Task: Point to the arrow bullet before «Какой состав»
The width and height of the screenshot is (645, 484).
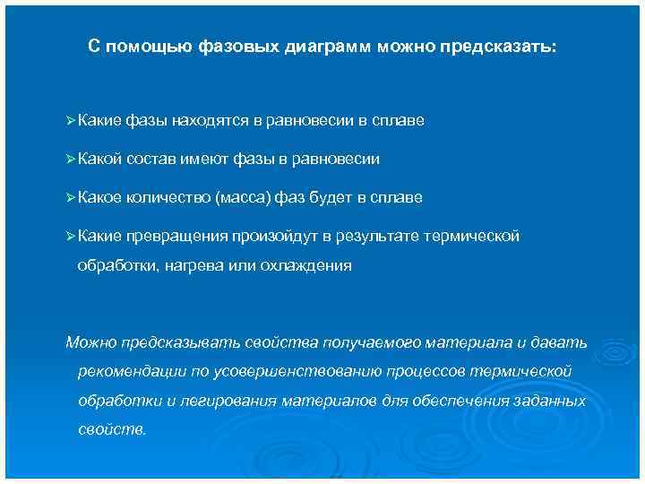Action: point(71,159)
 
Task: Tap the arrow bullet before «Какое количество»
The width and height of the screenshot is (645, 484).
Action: point(71,197)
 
